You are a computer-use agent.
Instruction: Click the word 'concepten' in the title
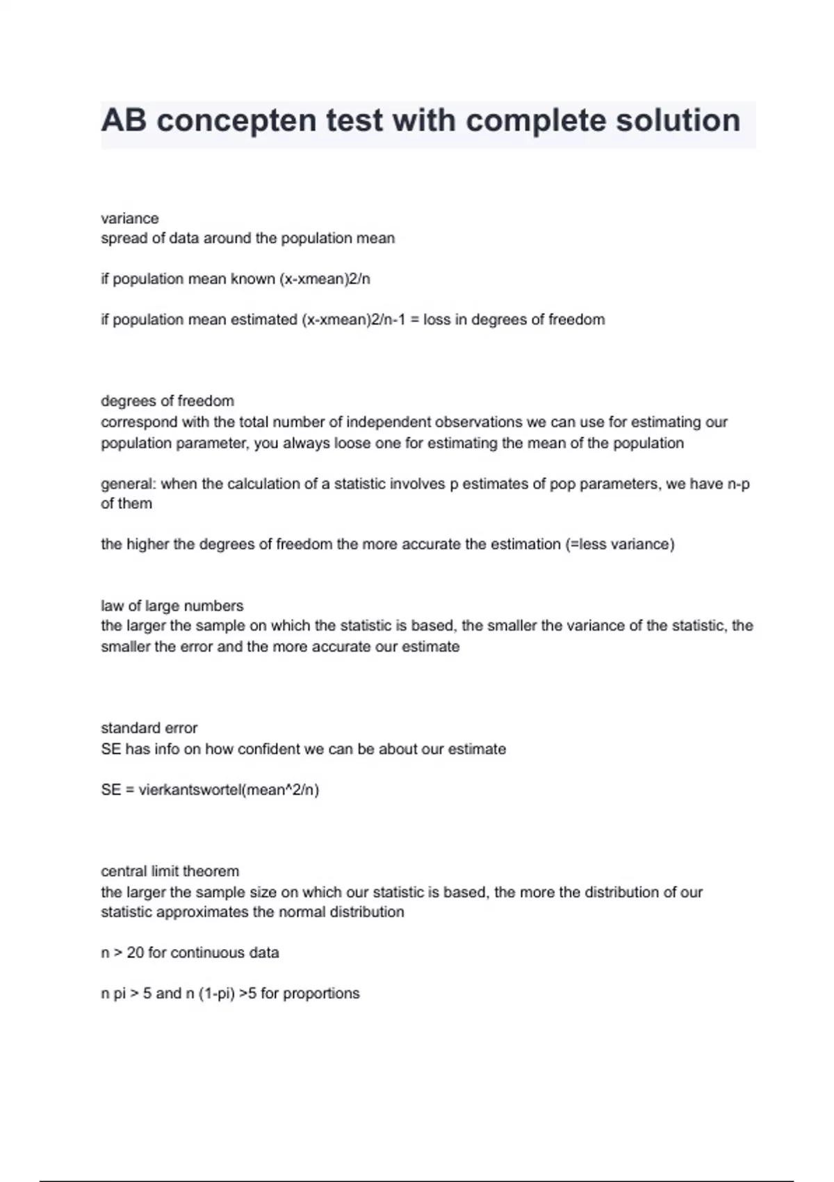236,121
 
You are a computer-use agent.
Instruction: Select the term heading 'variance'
130,218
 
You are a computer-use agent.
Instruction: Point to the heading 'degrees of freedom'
167,401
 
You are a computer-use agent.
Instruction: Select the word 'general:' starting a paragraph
129,484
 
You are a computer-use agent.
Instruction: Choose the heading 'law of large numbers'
172,606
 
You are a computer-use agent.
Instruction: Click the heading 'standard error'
149,728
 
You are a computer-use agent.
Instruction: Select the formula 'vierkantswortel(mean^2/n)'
229,790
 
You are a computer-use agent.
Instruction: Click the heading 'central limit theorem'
170,871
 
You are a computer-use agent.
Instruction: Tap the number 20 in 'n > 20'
136,953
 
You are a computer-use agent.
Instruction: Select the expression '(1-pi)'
216,994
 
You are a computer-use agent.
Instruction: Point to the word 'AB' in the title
124,121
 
